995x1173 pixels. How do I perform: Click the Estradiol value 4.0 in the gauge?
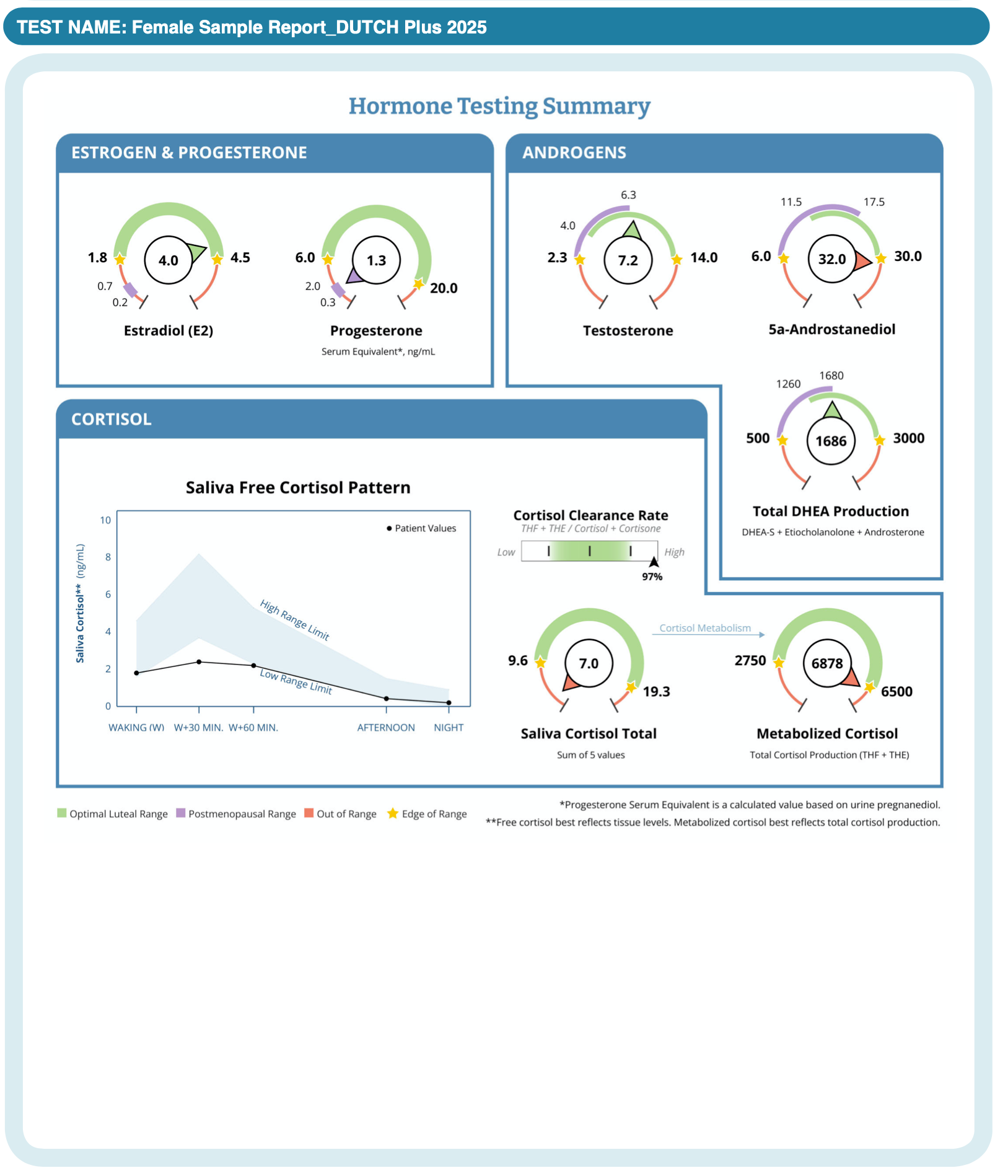coord(169,260)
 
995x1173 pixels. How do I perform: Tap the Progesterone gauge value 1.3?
coord(376,260)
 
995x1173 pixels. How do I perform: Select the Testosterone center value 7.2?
coord(628,260)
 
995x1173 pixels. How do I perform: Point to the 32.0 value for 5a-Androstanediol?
coord(831,259)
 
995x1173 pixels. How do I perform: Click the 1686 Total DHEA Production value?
coord(830,441)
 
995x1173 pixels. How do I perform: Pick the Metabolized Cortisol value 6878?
coord(827,663)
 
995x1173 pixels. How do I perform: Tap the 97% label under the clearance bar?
coord(652,577)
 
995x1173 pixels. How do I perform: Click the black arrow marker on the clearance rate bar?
coord(654,562)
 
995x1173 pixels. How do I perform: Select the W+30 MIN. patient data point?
coord(199,662)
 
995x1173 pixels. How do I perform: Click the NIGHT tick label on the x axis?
coord(449,727)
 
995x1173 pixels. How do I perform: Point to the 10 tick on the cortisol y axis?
coord(106,520)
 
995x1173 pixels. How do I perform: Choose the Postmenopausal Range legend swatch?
coord(181,813)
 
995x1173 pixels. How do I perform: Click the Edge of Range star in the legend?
coord(393,813)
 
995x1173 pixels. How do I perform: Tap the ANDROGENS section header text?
coord(574,153)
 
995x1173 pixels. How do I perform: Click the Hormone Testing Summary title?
coord(499,106)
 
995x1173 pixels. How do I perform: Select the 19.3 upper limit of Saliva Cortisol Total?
coord(656,691)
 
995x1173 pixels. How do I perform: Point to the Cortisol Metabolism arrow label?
coord(704,628)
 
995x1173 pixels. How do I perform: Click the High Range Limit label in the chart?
coord(294,619)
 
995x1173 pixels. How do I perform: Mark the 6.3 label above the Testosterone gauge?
coord(628,195)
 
